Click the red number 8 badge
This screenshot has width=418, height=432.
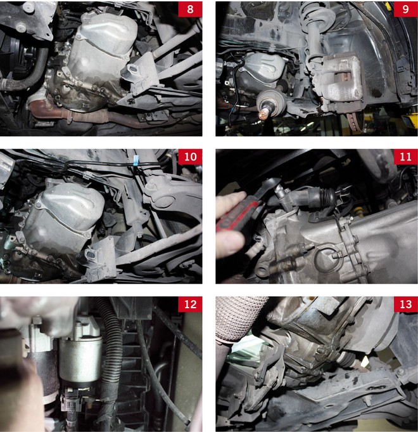point(190,9)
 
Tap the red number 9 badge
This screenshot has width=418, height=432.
point(405,9)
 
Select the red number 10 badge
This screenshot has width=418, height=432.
point(190,157)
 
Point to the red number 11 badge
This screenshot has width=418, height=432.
point(405,157)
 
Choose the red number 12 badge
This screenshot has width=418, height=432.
point(190,304)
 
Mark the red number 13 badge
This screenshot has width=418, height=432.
point(405,304)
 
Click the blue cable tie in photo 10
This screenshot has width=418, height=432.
point(136,161)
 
